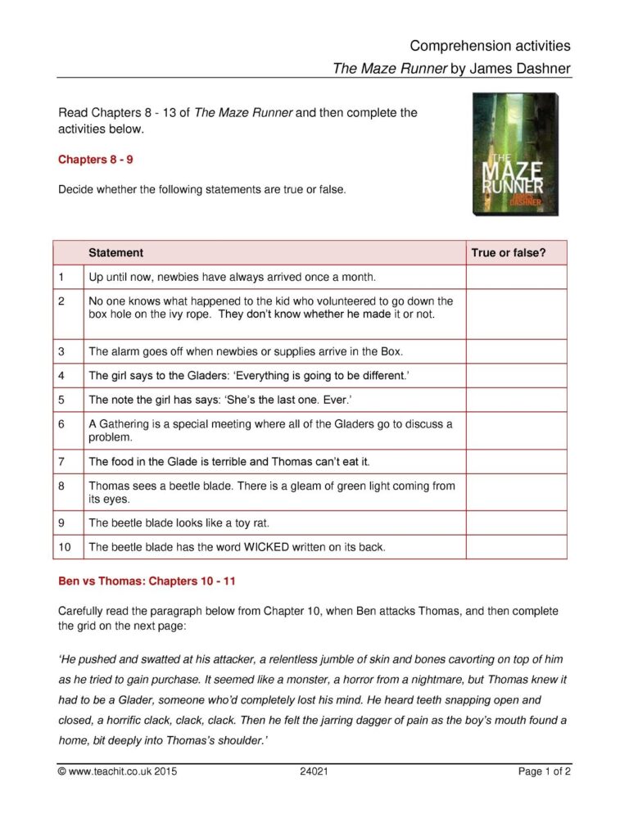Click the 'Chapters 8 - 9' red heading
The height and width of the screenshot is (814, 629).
96,159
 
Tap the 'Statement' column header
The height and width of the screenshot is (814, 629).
115,253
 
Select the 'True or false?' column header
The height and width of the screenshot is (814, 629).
508,253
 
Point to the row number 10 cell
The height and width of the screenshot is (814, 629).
68,546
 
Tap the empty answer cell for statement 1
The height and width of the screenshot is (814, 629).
516,277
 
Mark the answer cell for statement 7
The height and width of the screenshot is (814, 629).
516,461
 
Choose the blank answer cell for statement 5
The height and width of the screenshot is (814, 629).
516,400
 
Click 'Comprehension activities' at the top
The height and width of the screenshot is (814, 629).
490,46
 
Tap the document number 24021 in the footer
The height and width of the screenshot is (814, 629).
314,771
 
